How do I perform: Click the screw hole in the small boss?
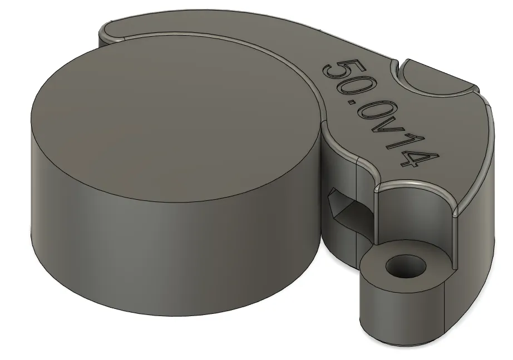tap(406, 267)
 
